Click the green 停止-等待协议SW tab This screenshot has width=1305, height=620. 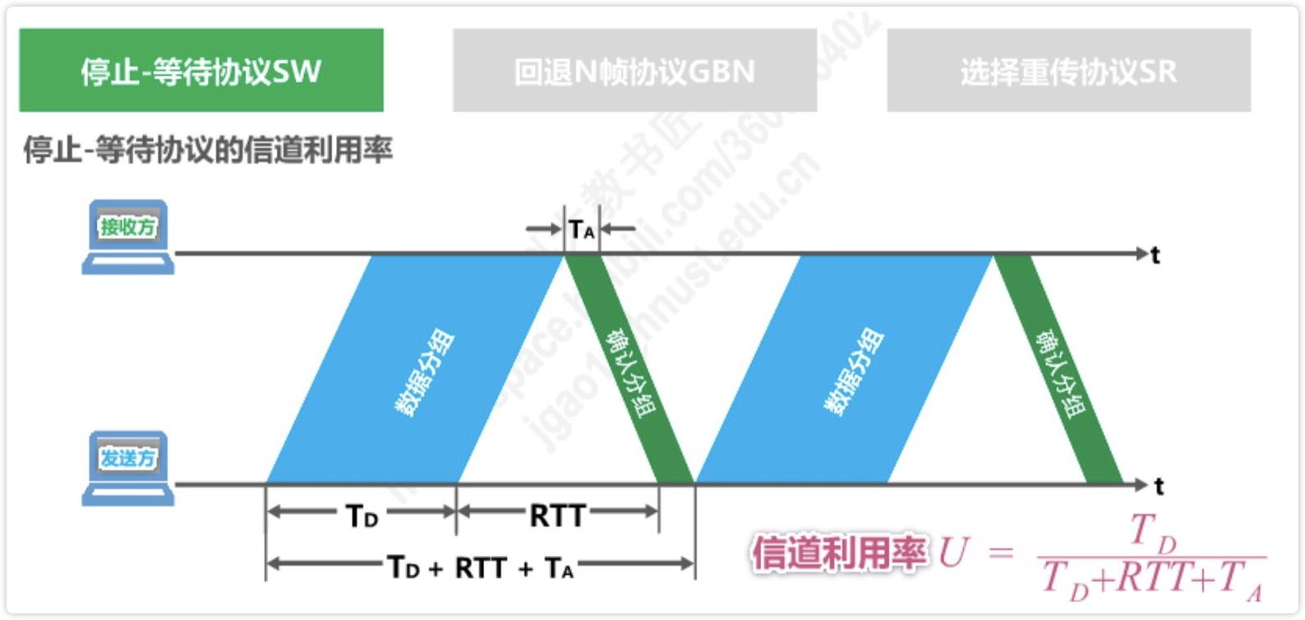point(201,71)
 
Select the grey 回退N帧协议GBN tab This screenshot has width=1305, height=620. point(634,71)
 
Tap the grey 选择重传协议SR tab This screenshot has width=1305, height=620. point(1068,71)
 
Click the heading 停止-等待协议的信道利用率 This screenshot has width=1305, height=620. point(208,150)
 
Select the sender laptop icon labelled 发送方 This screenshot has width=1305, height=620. point(127,467)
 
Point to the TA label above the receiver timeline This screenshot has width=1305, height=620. point(582,230)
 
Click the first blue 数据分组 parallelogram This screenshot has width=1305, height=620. point(415,370)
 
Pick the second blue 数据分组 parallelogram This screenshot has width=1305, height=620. point(845,370)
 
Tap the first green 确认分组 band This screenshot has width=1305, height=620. point(629,370)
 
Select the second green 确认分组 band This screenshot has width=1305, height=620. point(1059,370)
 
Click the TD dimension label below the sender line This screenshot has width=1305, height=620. point(362,516)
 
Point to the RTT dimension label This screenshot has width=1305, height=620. point(557,516)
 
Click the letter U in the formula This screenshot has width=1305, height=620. point(953,553)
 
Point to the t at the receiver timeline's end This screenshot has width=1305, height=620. point(1155,256)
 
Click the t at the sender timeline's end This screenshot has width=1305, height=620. point(1159,487)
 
